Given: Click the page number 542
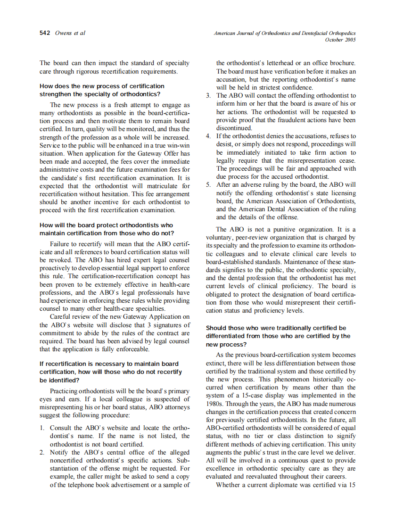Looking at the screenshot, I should point(45,33).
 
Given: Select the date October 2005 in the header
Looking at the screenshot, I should point(340,40).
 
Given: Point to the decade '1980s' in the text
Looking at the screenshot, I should point(216,404).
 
